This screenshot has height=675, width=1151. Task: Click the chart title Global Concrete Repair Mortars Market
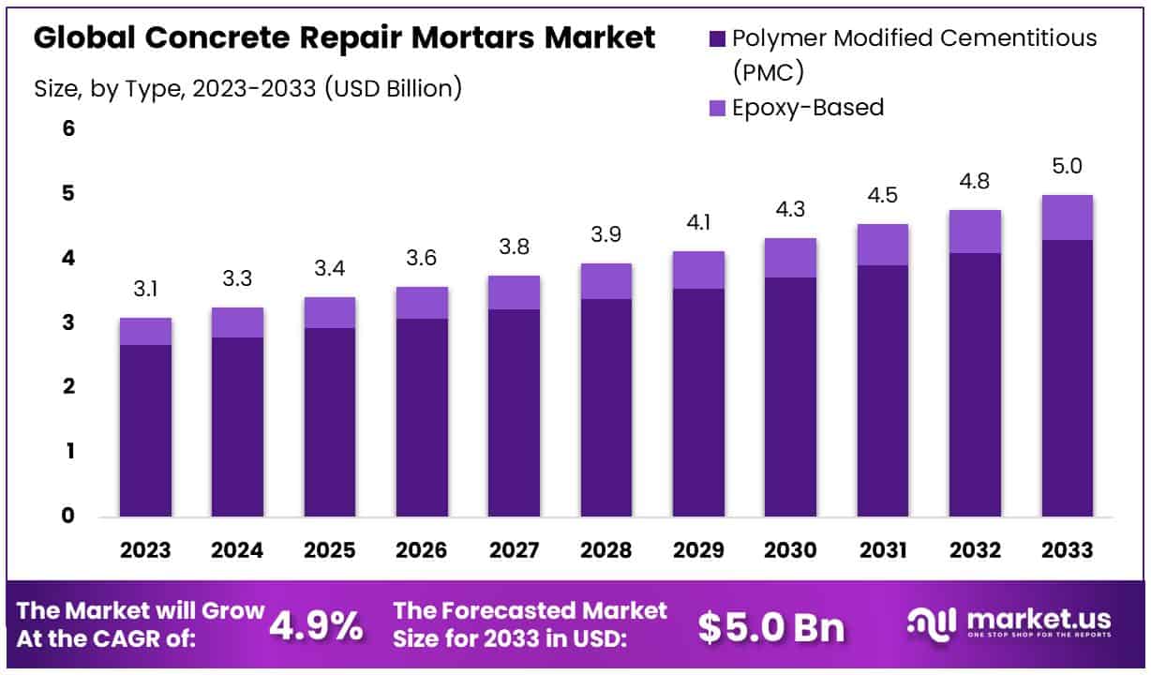[x=344, y=38]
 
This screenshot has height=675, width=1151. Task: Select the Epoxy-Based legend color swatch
[x=717, y=108]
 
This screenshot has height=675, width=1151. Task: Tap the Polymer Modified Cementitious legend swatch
[x=717, y=38]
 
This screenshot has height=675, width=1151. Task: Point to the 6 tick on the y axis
[x=67, y=128]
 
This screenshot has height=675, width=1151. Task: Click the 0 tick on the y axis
[x=67, y=516]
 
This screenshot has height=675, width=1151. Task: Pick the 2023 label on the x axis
[x=145, y=550]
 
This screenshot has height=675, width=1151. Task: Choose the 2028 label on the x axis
[x=605, y=550]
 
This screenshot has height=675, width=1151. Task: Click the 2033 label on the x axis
[x=1067, y=550]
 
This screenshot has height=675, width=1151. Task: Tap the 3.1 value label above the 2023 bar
[x=145, y=291]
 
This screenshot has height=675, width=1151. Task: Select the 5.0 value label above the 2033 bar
[x=1067, y=167]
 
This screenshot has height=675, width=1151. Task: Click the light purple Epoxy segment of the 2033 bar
[x=1067, y=217]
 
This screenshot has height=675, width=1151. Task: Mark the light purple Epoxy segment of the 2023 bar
[x=145, y=332]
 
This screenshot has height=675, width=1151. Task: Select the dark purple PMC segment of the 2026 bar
[x=422, y=417]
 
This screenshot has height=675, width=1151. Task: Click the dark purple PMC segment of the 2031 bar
[x=882, y=390]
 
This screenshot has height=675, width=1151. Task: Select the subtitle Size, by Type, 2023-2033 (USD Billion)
[x=247, y=88]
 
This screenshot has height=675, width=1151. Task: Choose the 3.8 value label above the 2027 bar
[x=514, y=248]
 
